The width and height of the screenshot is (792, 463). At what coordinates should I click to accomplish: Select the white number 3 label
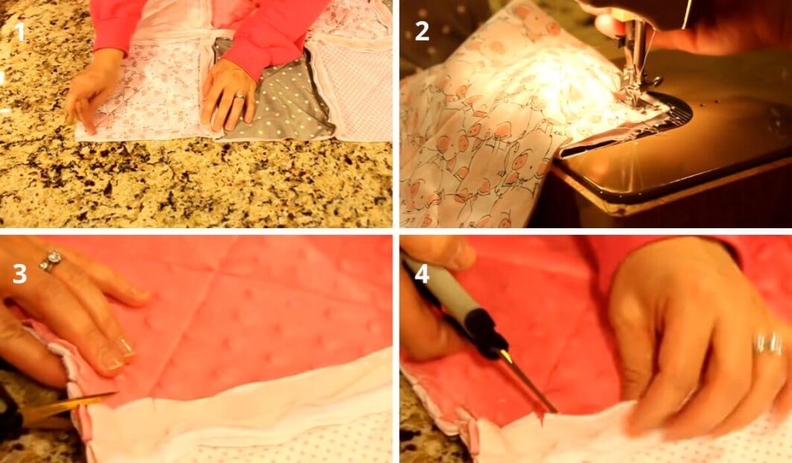[x=19, y=274]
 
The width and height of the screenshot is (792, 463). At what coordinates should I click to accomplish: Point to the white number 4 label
[x=422, y=274]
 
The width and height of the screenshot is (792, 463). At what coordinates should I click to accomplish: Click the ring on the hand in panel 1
[x=240, y=95]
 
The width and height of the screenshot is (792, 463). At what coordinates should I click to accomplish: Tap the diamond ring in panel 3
[x=51, y=260]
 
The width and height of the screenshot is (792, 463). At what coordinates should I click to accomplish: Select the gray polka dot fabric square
[x=272, y=101]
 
